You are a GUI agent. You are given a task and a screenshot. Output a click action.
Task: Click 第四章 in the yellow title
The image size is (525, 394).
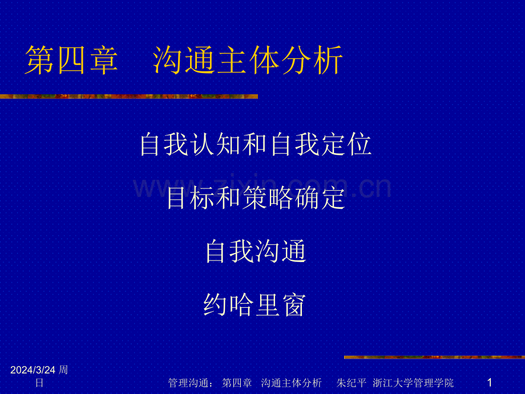71,60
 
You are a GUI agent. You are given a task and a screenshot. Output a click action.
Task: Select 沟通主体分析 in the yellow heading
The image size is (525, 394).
248,60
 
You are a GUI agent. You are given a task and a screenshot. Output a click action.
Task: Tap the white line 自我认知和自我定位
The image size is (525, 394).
256,144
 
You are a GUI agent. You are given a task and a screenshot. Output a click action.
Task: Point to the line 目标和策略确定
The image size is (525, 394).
256,198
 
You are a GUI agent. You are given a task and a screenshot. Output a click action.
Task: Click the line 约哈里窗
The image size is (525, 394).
255,304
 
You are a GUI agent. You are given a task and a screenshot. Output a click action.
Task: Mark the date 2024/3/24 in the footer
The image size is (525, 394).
33,370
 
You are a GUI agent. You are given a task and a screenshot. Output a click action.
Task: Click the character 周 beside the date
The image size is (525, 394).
63,370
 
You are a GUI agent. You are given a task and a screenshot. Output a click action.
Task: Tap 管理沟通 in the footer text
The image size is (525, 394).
188,383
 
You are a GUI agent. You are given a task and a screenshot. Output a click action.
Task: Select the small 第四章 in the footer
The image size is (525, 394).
237,383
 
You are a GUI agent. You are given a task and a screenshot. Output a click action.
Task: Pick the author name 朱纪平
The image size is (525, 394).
351,383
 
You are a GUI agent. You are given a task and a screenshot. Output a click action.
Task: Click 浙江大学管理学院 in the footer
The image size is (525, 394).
413,383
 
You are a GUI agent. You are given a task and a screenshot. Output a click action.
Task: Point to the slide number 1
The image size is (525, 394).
490,382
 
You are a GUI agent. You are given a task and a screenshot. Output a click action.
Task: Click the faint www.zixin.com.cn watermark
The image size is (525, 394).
262,186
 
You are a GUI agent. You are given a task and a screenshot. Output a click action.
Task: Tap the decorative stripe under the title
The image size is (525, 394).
129,97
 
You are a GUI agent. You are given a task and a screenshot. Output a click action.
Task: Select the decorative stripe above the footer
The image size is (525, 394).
435,357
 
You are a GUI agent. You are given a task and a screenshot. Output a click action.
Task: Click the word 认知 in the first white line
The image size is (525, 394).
204,144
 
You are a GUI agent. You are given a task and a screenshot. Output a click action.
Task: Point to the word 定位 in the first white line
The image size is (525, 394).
346,144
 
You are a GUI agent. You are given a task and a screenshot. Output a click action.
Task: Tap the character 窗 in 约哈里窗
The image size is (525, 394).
294,304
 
